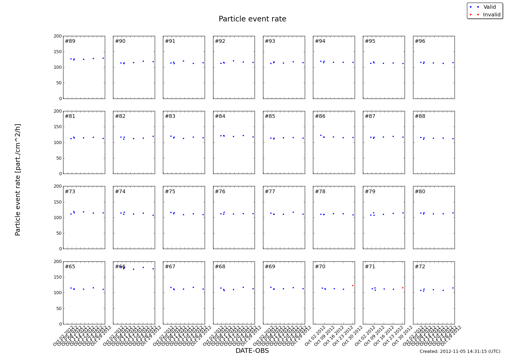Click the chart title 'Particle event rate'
pyautogui.click(x=252, y=19)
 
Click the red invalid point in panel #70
pyautogui.click(x=353, y=285)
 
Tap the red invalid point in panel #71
pyautogui.click(x=403, y=288)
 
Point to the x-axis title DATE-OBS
pyautogui.click(x=252, y=351)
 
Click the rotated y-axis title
pyautogui.click(x=18, y=180)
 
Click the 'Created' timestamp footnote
pyautogui.click(x=460, y=352)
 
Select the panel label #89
pyautogui.click(x=70, y=41)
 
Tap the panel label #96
pyautogui.click(x=420, y=41)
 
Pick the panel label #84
pyautogui.click(x=220, y=116)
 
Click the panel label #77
pyautogui.click(x=270, y=191)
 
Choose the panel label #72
pyautogui.click(x=420, y=267)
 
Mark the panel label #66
pyautogui.click(x=120, y=267)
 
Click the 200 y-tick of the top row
pyautogui.click(x=58, y=36)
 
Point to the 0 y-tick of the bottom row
pyautogui.click(x=60, y=324)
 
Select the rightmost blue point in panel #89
pyautogui.click(x=103, y=58)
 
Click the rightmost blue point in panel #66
pyautogui.click(x=153, y=269)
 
